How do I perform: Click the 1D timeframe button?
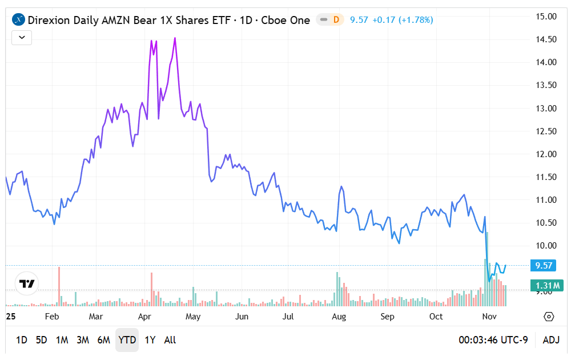click(x=21, y=340)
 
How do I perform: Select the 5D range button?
click(x=41, y=340)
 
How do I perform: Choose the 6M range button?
click(x=103, y=340)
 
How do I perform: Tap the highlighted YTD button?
click(x=127, y=340)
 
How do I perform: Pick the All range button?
click(x=170, y=340)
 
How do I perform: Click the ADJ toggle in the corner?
click(x=551, y=340)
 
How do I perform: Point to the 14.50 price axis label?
click(x=545, y=39)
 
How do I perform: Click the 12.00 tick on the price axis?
click(x=545, y=154)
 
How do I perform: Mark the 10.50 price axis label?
click(x=545, y=223)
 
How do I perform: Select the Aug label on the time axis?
click(x=339, y=317)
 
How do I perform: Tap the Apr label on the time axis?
click(x=144, y=317)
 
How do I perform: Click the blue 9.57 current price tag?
click(x=545, y=266)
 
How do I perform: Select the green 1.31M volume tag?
click(x=546, y=286)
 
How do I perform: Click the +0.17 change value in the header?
click(x=383, y=20)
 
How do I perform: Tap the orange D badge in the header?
click(x=336, y=20)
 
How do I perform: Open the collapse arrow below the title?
click(x=22, y=38)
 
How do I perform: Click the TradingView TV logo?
click(x=27, y=283)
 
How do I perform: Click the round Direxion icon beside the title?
click(x=18, y=20)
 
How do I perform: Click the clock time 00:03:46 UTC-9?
click(x=493, y=340)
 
